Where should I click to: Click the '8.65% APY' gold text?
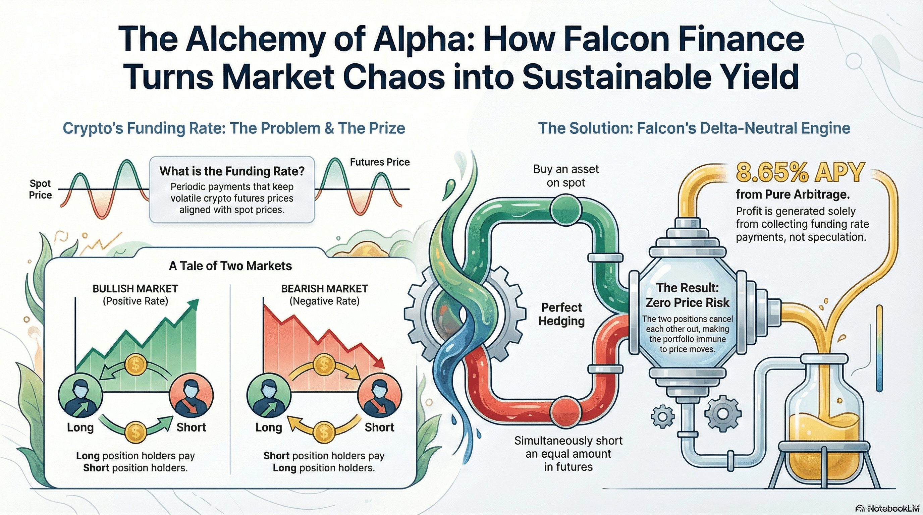[800, 173]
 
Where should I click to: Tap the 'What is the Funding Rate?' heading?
[232, 171]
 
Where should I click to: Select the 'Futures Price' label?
[379, 162]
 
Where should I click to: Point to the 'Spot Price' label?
[40, 189]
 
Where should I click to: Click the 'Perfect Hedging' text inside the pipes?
[561, 314]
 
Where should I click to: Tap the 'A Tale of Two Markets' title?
[230, 266]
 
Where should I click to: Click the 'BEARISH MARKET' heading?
[324, 289]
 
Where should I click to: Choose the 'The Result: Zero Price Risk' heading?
[687, 295]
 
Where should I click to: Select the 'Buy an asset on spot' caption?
[566, 175]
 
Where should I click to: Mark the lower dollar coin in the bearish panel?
[324, 432]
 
